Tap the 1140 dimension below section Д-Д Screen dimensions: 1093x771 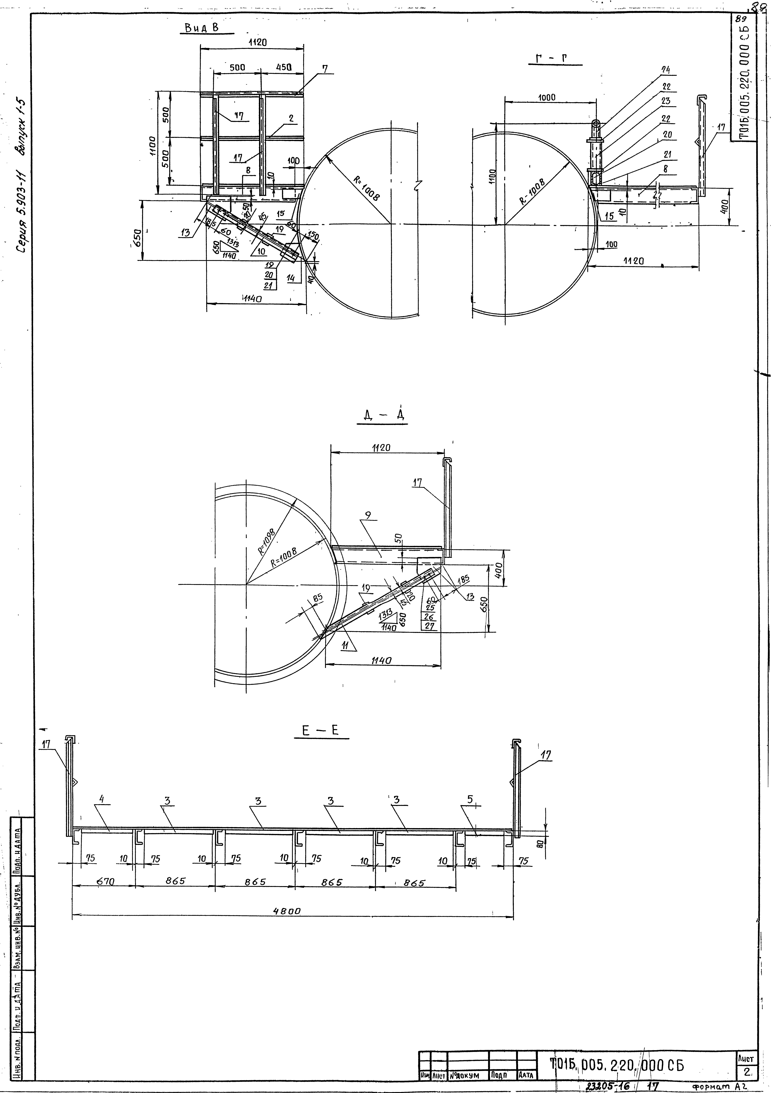tap(381, 661)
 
